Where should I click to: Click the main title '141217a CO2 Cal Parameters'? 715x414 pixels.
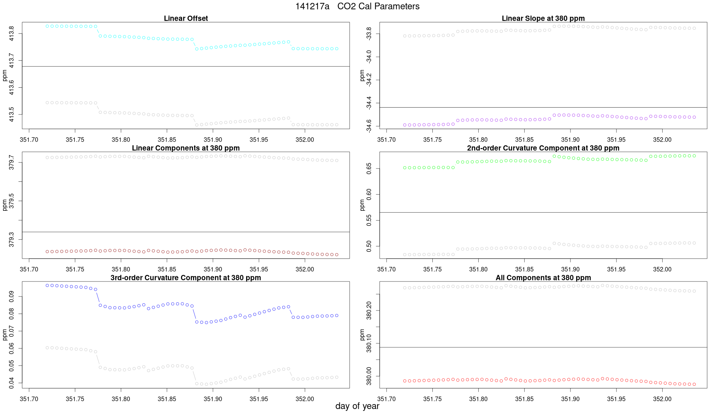tap(357, 6)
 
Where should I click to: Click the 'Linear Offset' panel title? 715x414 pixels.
tap(186, 18)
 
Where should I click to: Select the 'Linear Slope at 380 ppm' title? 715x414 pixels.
tap(543, 18)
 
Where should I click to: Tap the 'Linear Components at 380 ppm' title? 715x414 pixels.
tap(186, 148)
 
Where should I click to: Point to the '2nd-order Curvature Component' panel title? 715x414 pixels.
tap(543, 148)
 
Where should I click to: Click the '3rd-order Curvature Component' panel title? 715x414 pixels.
tap(186, 278)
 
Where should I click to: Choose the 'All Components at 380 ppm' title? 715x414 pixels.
tap(543, 278)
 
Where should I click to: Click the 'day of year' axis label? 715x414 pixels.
tap(357, 406)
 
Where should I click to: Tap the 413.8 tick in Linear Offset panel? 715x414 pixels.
tap(12, 33)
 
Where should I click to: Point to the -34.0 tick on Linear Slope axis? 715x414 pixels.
tap(369, 57)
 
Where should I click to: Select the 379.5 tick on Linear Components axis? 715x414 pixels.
tap(12, 201)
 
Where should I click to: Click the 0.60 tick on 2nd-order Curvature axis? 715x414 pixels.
tap(369, 195)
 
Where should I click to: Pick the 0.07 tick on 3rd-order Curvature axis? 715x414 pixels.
tap(12, 331)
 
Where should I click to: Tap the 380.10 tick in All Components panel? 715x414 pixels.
tap(369, 343)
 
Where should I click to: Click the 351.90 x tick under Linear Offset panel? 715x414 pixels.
tap(213, 140)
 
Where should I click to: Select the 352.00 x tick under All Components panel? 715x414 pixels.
tap(662, 399)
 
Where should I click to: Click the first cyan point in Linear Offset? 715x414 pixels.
tap(47, 26)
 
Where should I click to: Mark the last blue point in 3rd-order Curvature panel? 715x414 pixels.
tap(337, 315)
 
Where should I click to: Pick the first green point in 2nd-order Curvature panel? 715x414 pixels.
tap(405, 168)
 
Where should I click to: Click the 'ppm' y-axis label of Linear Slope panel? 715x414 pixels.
tap(362, 75)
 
